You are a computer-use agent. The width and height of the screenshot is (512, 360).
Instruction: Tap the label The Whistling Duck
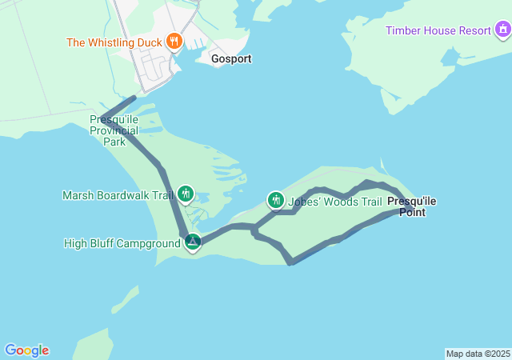coord(114,42)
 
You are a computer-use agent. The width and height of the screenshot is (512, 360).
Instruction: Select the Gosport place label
coord(231,59)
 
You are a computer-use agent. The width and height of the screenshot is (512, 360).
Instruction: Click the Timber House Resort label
coord(438,31)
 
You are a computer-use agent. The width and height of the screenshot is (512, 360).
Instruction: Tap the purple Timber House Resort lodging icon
coord(502,30)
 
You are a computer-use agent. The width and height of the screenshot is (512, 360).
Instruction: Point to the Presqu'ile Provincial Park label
coord(114,130)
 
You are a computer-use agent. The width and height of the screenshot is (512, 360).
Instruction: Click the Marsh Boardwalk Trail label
coord(118,194)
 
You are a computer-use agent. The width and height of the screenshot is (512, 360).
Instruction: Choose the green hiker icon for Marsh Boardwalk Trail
coord(186,193)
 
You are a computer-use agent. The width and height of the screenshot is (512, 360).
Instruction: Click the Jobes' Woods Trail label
coord(335,202)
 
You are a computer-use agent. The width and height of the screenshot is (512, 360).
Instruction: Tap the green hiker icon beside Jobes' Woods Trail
coord(276,200)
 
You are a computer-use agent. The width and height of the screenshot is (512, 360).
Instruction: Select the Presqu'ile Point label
coord(412,206)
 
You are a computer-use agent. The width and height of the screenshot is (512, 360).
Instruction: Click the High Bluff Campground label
coord(122,243)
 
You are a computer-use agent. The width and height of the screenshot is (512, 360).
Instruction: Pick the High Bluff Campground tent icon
coord(192,241)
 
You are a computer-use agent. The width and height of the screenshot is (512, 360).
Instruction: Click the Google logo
coord(26,350)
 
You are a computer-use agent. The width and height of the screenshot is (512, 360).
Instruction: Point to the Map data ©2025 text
coord(478,354)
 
